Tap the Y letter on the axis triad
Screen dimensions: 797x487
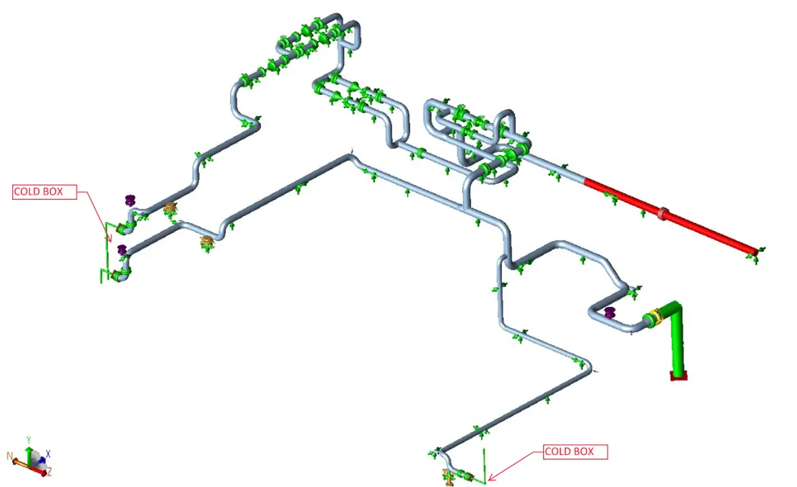point(29,440)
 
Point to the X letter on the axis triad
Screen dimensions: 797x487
point(48,453)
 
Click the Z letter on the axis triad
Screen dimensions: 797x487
point(49,473)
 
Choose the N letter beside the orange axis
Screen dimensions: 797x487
point(9,455)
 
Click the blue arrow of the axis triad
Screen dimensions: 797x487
point(42,459)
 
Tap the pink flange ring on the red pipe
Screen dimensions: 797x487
point(662,213)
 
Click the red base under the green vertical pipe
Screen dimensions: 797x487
point(679,375)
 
